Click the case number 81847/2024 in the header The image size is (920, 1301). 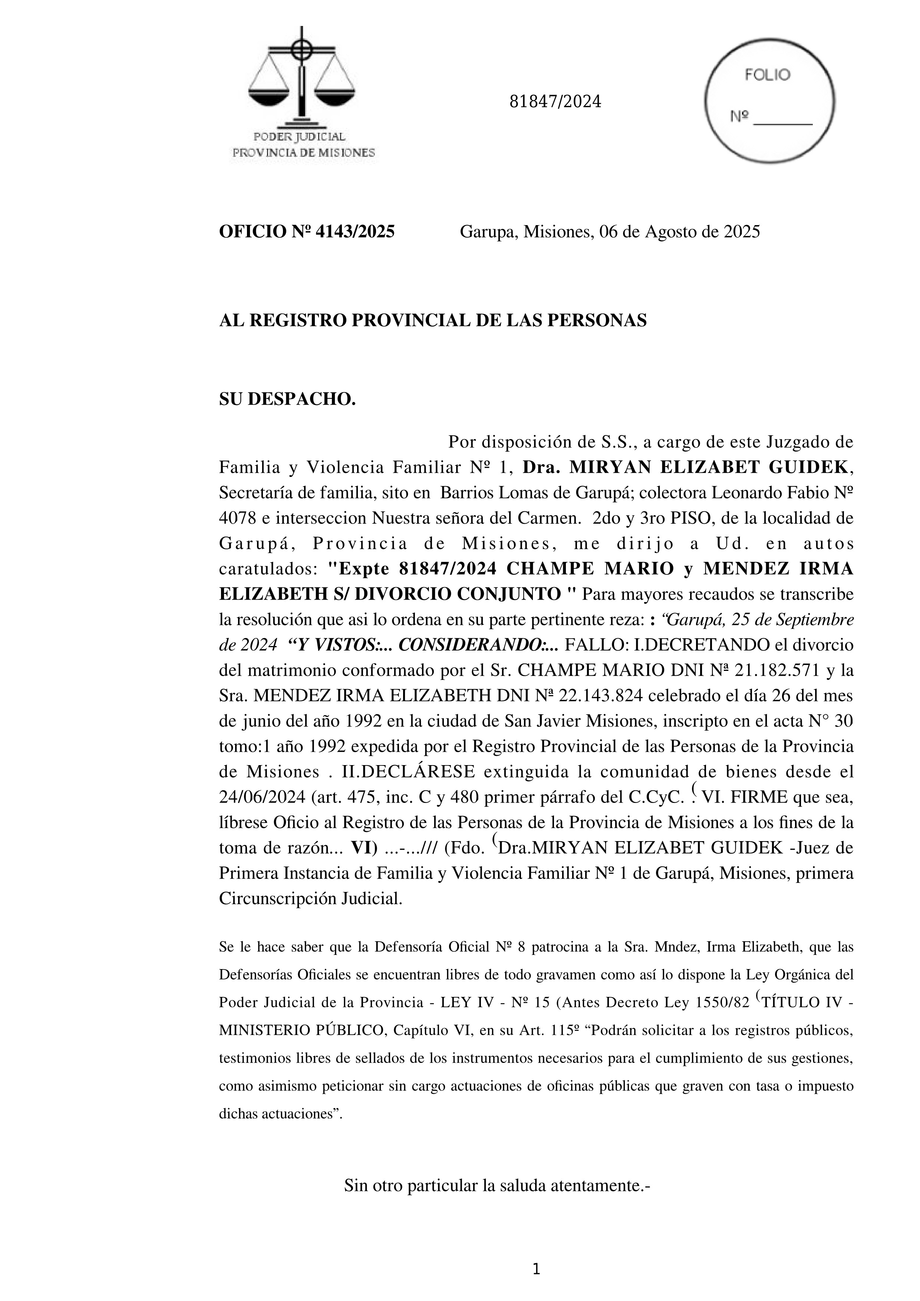[555, 102]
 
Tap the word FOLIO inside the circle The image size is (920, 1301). [767, 75]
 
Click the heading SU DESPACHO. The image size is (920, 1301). [287, 399]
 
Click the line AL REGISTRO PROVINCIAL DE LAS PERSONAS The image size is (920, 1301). [432, 321]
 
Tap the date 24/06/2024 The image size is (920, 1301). [262, 798]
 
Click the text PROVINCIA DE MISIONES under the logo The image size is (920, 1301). [304, 152]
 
